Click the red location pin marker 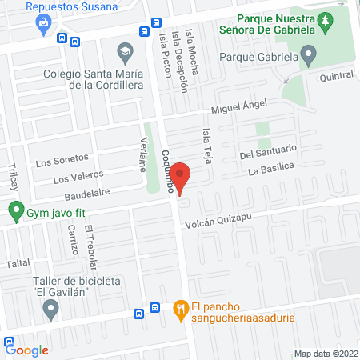[x=181, y=177]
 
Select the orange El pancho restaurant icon [x=181, y=308]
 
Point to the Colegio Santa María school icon [x=124, y=53]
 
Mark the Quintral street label [x=336, y=76]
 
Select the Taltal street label [x=18, y=262]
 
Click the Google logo [x=27, y=350]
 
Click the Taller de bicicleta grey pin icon [x=53, y=312]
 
